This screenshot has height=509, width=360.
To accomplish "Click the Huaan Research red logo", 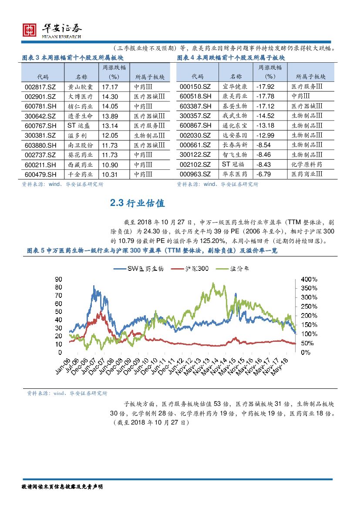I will tap(29, 30).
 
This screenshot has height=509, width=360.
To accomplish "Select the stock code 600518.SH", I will tap(195, 96).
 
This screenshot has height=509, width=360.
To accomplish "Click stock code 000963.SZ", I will tap(195, 174).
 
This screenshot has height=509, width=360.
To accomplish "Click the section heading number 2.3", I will tap(117, 203).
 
